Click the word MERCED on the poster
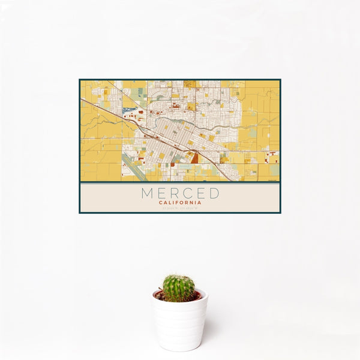coord(180,193)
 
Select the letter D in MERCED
coord(214,193)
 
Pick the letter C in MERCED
coord(187,193)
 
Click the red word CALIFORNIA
coord(180,203)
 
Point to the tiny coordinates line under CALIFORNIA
coord(180,209)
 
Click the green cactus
coord(178,288)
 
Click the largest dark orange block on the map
coord(195,158)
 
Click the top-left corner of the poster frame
coord(80,80)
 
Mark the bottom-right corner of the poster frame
coord(280,212)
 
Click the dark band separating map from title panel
coord(180,182)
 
